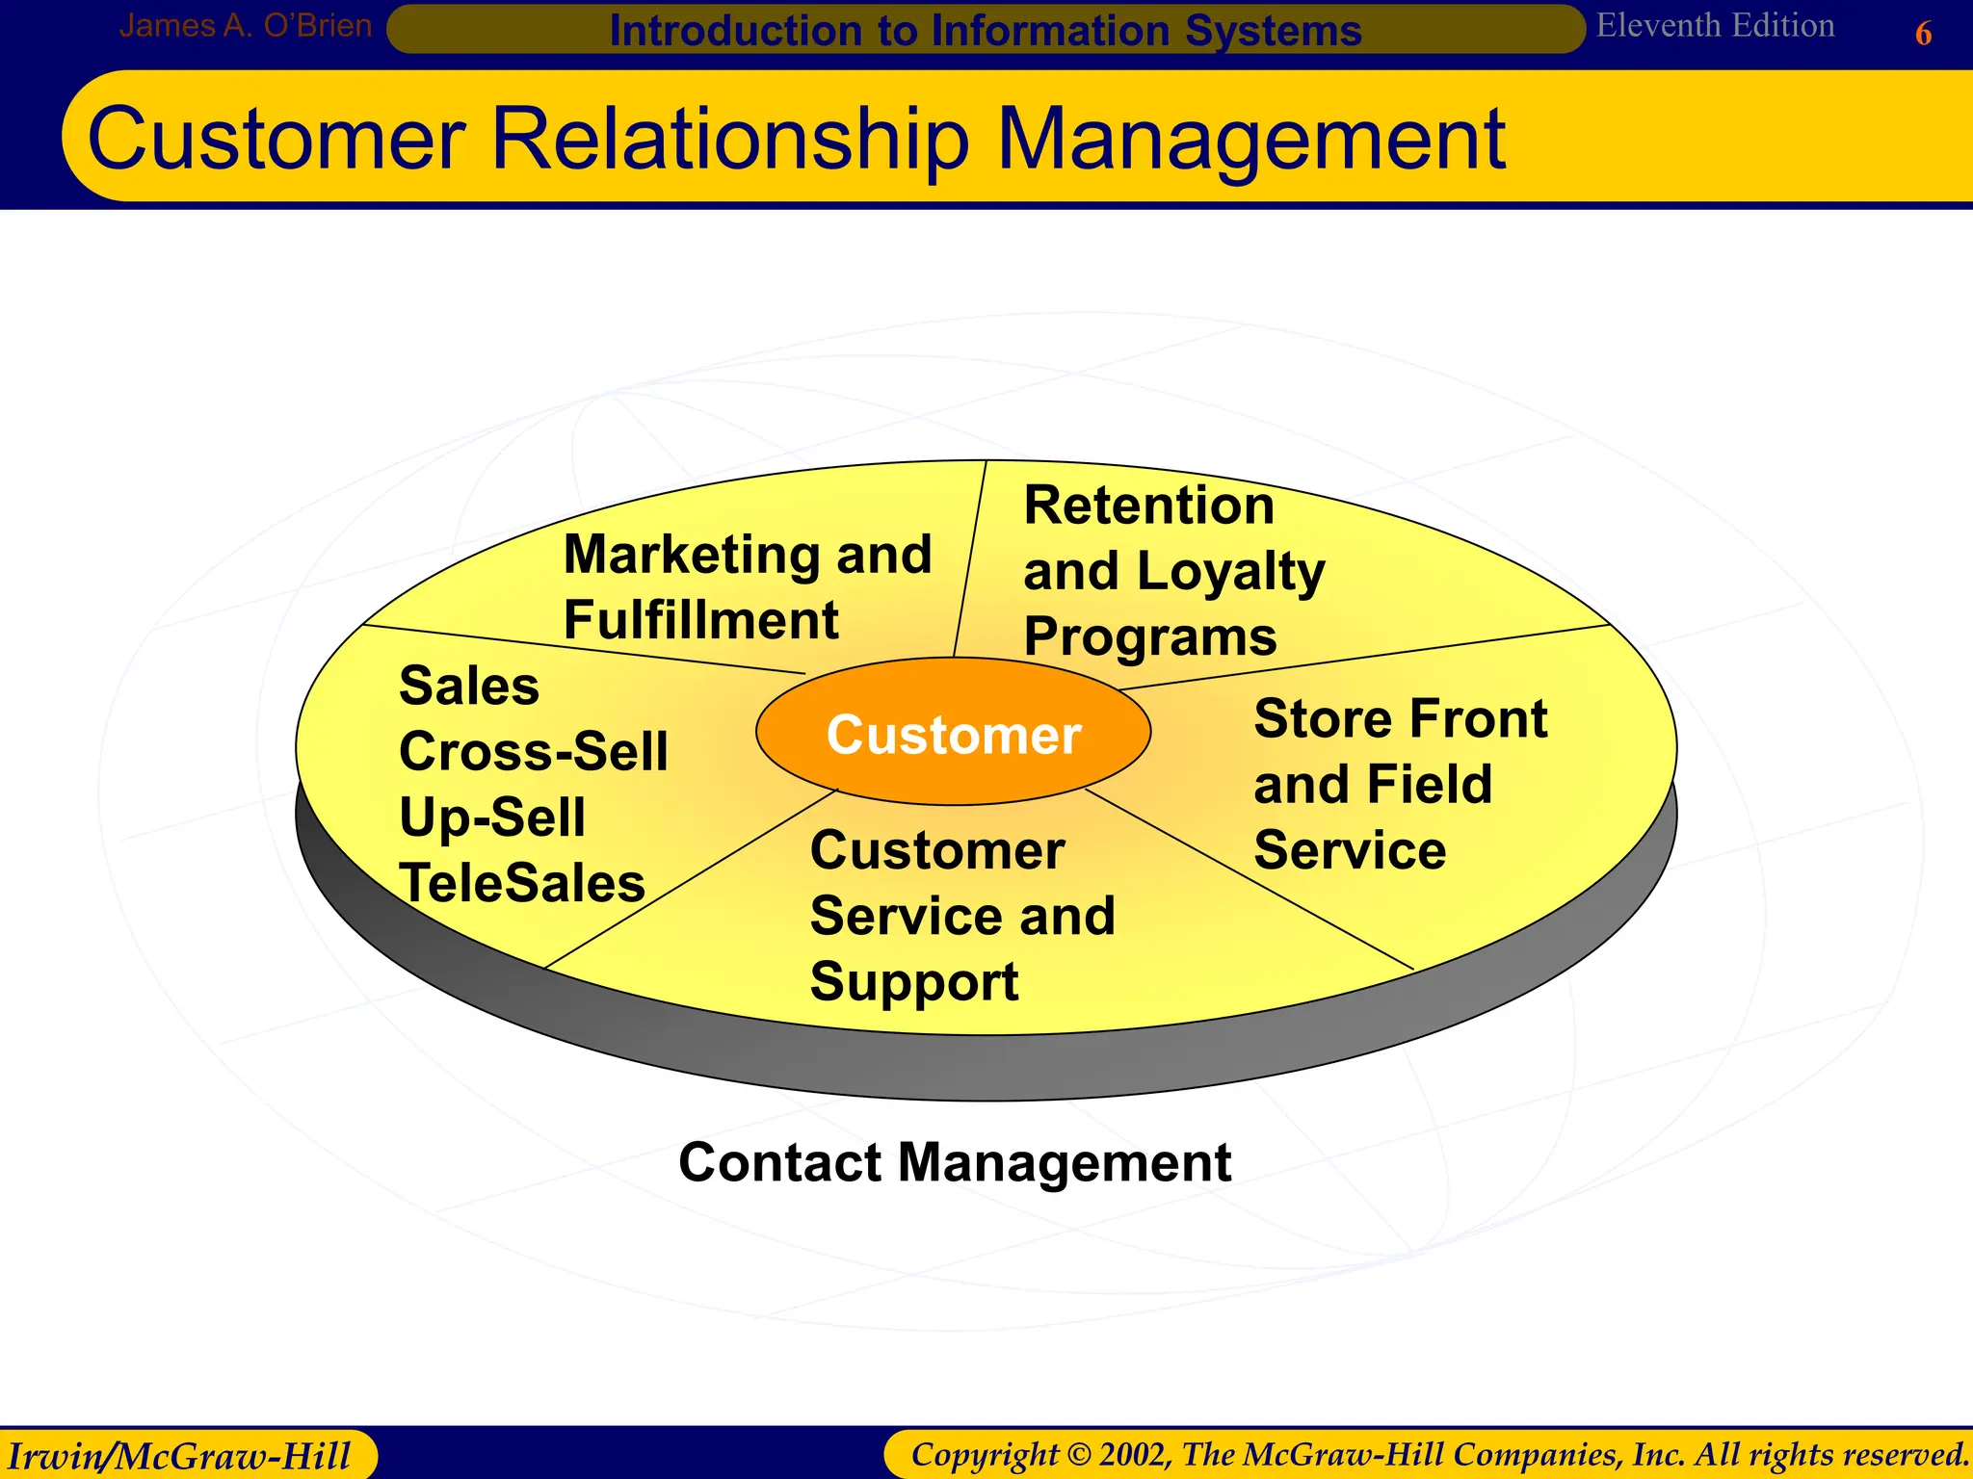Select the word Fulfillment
tap(700, 620)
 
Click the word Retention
tap(1148, 506)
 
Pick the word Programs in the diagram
tap(1149, 637)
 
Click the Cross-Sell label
tap(533, 752)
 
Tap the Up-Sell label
tap(491, 817)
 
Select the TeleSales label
tap(521, 883)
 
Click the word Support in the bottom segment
tap(913, 982)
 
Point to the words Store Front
tap(1400, 719)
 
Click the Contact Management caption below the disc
tap(954, 1162)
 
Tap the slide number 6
tap(1923, 35)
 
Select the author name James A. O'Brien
tap(245, 26)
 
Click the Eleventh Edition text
tap(1715, 26)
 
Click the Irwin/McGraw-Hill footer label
tap(179, 1455)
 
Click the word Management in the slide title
tap(1250, 140)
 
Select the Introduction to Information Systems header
tap(985, 31)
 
